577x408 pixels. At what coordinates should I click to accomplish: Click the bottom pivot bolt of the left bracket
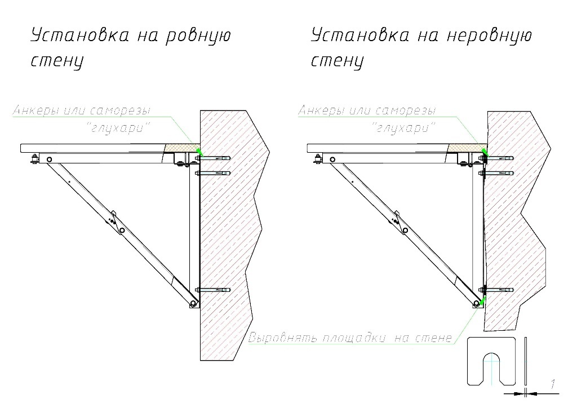[193, 304]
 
